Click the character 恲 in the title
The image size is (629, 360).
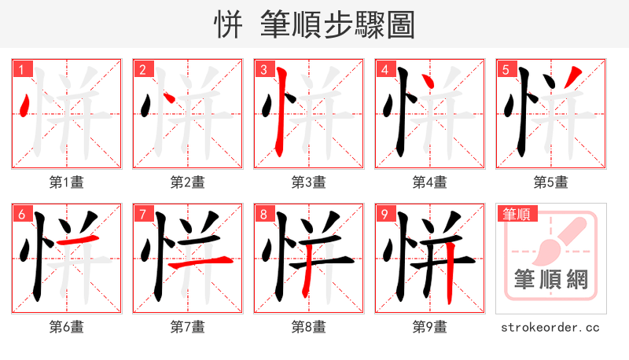click(x=227, y=24)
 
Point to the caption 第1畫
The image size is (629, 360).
click(x=67, y=182)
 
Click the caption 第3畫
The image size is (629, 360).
click(x=309, y=182)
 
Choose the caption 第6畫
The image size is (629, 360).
click(x=67, y=327)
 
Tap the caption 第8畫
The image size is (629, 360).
click(x=309, y=327)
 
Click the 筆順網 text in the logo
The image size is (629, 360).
click(x=550, y=279)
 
